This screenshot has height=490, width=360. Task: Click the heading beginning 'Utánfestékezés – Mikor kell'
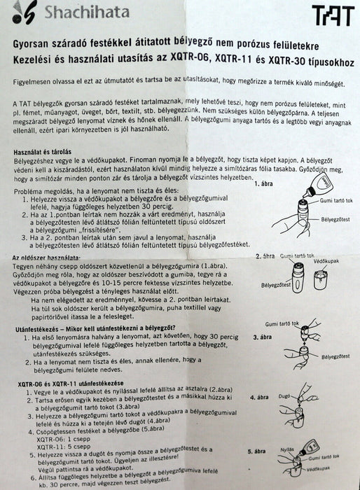[x=99, y=328]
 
